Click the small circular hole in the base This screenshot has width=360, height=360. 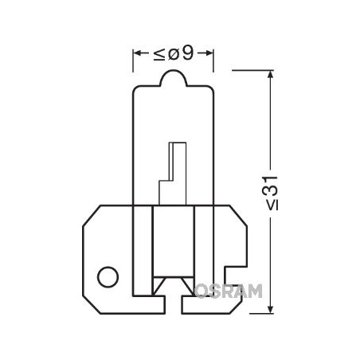(106, 277)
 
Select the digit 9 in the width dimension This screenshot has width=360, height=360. (187, 53)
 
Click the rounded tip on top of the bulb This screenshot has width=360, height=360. (174, 77)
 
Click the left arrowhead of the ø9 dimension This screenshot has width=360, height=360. (136, 54)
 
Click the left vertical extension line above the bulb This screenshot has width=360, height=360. (132, 64)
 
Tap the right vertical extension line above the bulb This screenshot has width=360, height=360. (214, 64)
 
